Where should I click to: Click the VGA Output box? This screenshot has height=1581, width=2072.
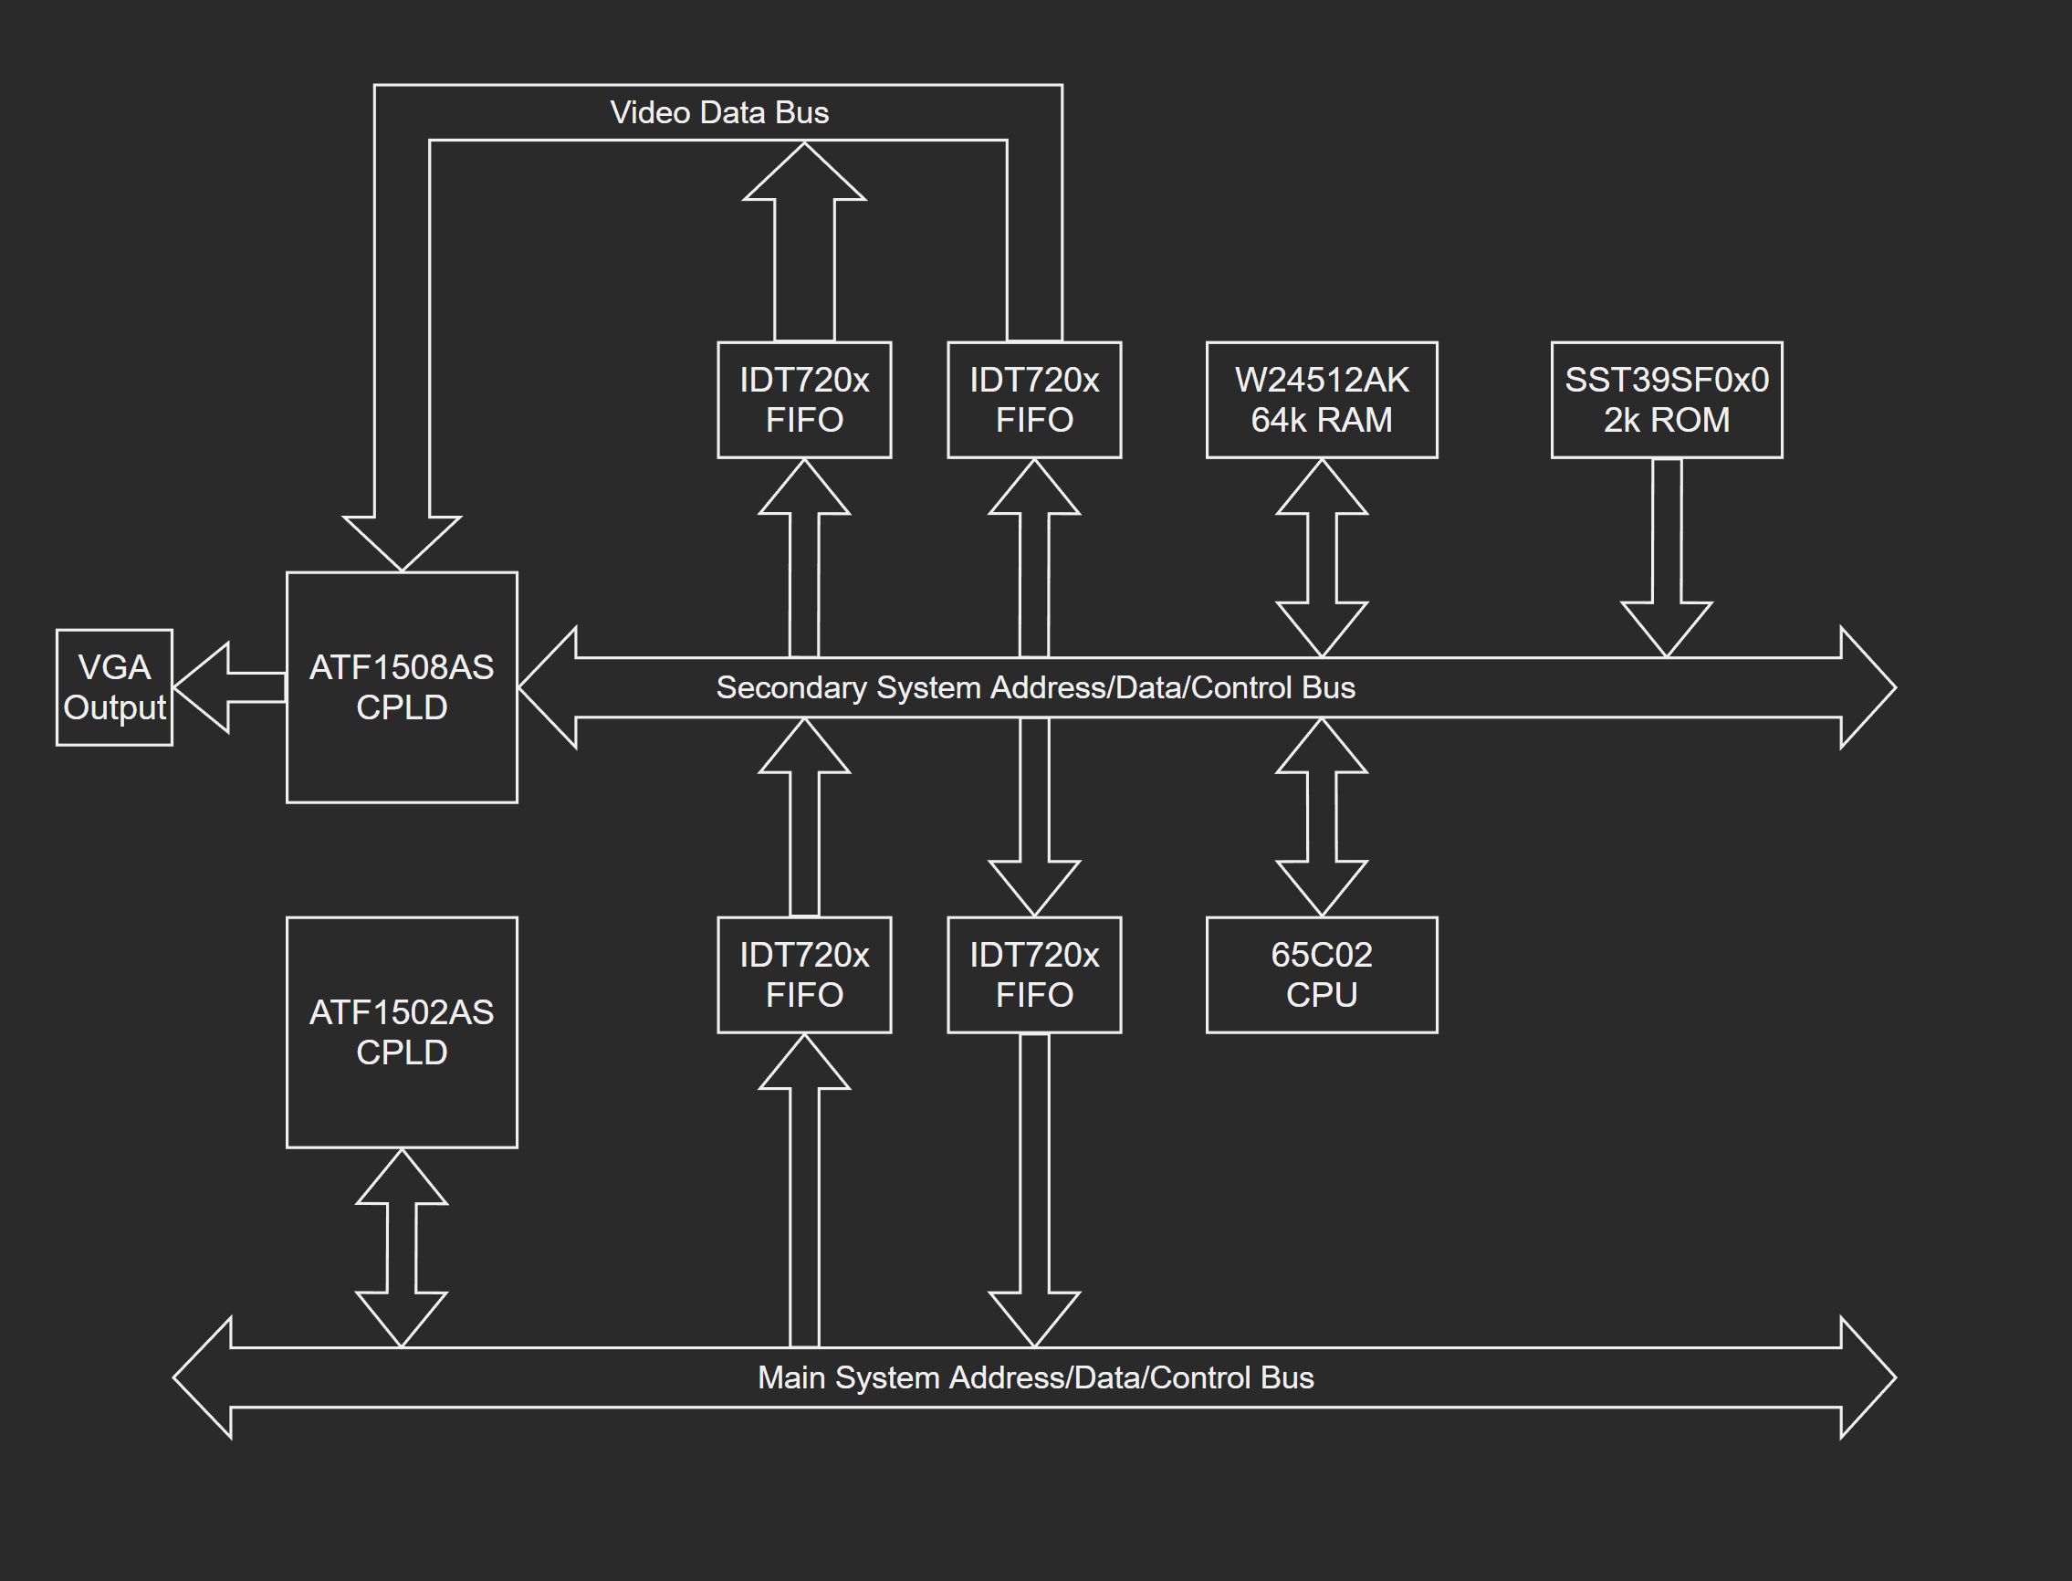114,687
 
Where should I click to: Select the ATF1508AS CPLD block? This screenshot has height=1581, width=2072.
402,687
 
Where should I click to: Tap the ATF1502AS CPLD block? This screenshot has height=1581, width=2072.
402,1031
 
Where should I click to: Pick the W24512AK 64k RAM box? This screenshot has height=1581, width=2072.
1321,400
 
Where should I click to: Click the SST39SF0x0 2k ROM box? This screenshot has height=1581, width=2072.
1667,400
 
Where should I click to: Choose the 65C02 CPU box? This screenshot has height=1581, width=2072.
1321,975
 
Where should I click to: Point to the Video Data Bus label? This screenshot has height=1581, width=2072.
719,113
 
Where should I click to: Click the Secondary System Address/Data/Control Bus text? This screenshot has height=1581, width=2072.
1035,687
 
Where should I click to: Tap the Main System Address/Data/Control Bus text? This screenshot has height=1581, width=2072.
1035,1377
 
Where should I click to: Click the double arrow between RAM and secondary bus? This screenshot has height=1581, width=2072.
1321,557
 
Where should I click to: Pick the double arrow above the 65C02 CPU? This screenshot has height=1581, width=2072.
1321,817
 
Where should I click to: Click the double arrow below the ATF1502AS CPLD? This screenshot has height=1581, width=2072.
402,1248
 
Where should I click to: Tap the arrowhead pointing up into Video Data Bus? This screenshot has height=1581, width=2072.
804,174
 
